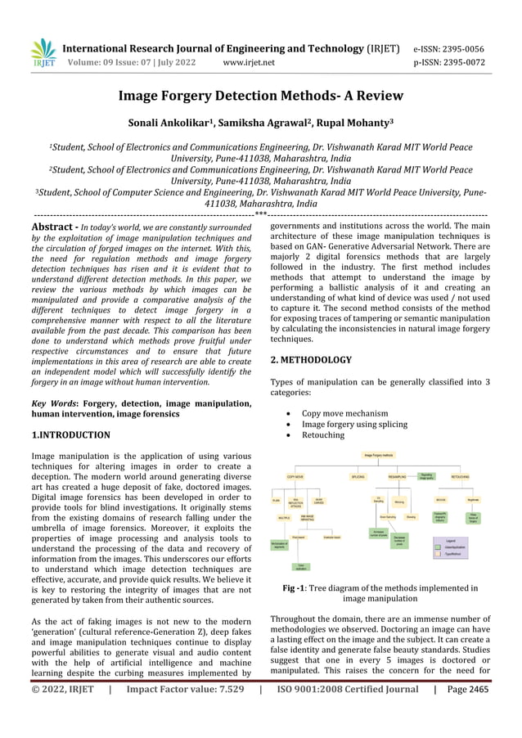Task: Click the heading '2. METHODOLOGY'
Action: pyautogui.click(x=311, y=359)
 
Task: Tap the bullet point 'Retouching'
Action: pyautogui.click(x=323, y=434)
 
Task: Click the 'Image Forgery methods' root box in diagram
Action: pyautogui.click(x=379, y=454)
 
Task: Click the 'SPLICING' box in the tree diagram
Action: pyautogui.click(x=358, y=475)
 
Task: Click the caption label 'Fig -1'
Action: pyautogui.click(x=295, y=587)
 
